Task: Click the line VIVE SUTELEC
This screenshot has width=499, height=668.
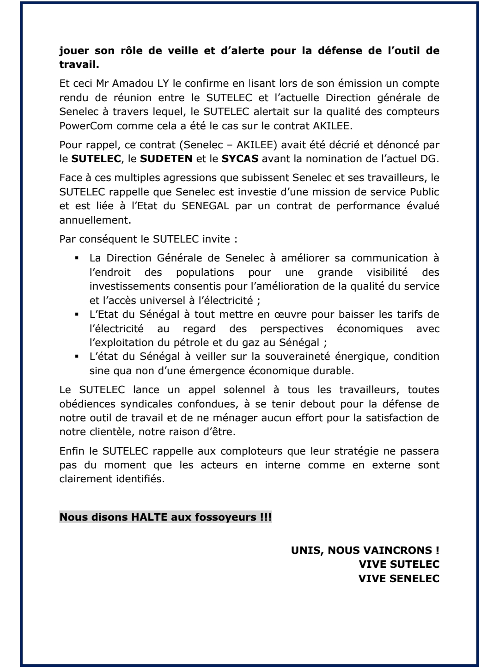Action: click(399, 565)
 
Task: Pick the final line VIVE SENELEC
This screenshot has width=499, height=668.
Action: click(399, 578)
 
